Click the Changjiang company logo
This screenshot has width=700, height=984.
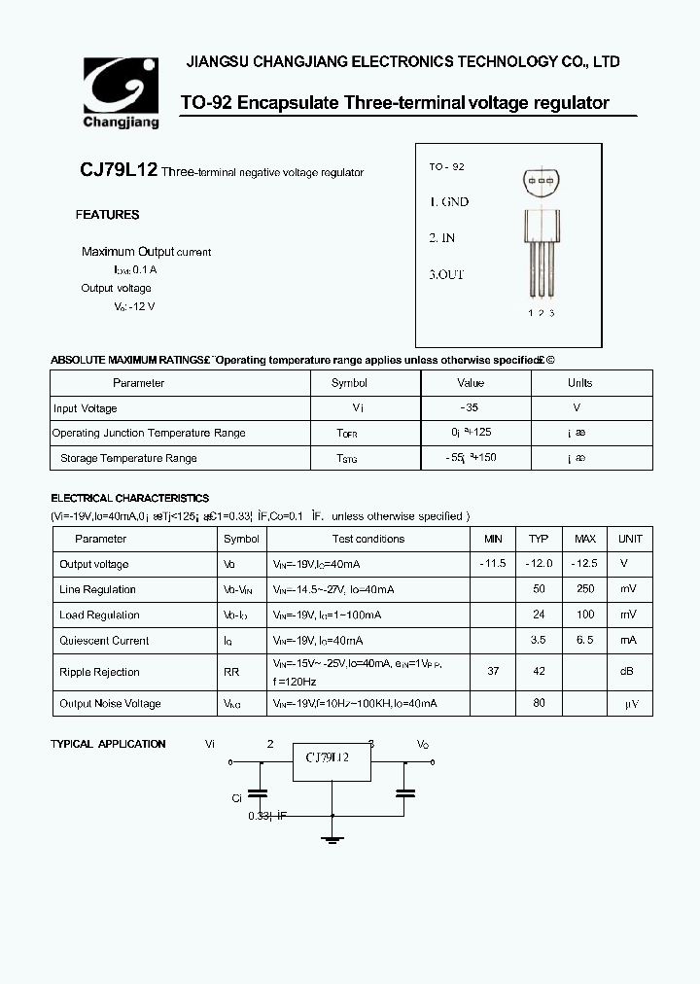point(120,93)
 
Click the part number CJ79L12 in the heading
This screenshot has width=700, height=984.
point(118,171)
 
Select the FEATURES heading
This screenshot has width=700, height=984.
point(107,215)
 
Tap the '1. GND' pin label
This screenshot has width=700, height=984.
point(449,202)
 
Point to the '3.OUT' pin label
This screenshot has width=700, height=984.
point(447,274)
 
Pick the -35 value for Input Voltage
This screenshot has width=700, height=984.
point(471,408)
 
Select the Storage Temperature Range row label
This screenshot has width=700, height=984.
point(128,458)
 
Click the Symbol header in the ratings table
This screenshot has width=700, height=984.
point(349,383)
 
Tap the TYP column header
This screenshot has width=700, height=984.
point(539,539)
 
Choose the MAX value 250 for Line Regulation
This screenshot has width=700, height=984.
point(585,589)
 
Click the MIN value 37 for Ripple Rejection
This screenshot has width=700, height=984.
point(493,671)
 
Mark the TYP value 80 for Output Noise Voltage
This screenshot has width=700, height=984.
point(539,703)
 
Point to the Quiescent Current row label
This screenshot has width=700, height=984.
point(104,641)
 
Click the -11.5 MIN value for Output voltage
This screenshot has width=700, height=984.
point(493,564)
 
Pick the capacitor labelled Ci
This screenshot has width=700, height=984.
point(258,792)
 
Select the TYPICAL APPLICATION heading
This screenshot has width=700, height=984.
point(108,744)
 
